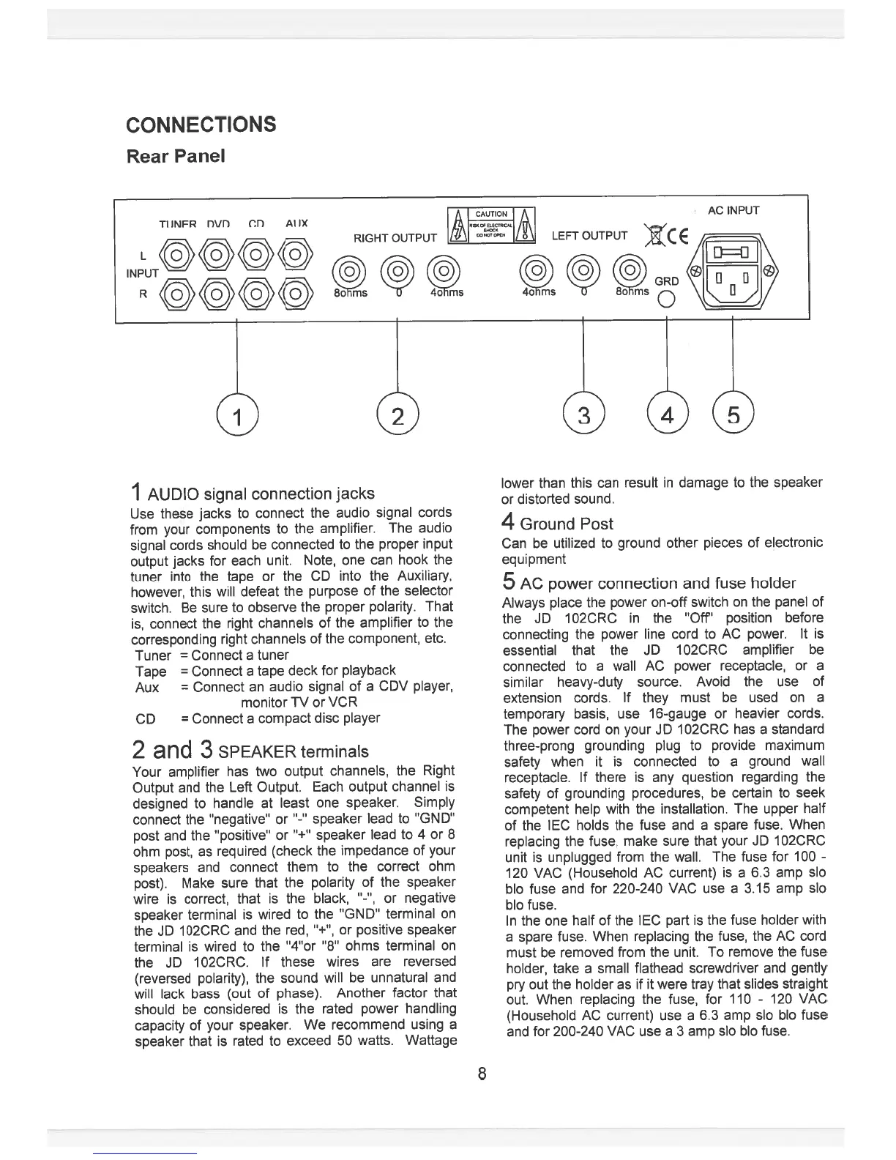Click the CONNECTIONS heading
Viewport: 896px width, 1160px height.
[201, 124]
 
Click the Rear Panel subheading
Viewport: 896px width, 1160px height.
[176, 157]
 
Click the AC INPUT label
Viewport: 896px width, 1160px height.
[733, 211]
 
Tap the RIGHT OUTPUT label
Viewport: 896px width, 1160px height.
[395, 237]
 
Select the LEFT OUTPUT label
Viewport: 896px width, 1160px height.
[589, 235]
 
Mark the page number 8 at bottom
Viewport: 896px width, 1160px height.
[481, 1074]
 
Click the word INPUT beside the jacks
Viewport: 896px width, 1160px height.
[143, 273]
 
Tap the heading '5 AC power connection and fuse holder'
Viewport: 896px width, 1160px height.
[649, 583]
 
